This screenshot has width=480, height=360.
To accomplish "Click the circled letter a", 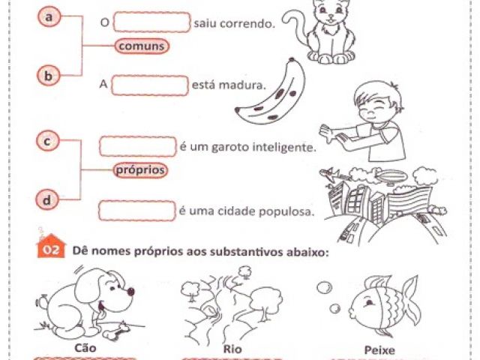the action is point(49,16).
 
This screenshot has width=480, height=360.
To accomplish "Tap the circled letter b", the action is point(48,76).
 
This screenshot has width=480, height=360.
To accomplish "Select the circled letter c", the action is point(47,141).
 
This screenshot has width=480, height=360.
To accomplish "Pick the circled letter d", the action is point(46,200).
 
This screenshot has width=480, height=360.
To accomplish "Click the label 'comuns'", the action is point(142,46).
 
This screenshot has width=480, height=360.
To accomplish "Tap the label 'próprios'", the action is point(140,170).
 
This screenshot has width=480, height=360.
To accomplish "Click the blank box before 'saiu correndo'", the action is point(151,22).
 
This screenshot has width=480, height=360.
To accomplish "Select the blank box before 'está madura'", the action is point(150,85).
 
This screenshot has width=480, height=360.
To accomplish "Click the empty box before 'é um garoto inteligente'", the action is point(138,147).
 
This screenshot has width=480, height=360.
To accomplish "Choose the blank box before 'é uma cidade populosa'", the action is point(137,211).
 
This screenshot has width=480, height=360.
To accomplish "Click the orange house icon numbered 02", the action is point(52,247).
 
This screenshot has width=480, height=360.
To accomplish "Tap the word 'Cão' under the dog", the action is point(85,348).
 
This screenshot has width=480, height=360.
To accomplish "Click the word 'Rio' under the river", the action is point(232,349).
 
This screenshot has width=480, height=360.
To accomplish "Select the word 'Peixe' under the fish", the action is point(379,350).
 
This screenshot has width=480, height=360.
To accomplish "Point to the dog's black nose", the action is point(130,291).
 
